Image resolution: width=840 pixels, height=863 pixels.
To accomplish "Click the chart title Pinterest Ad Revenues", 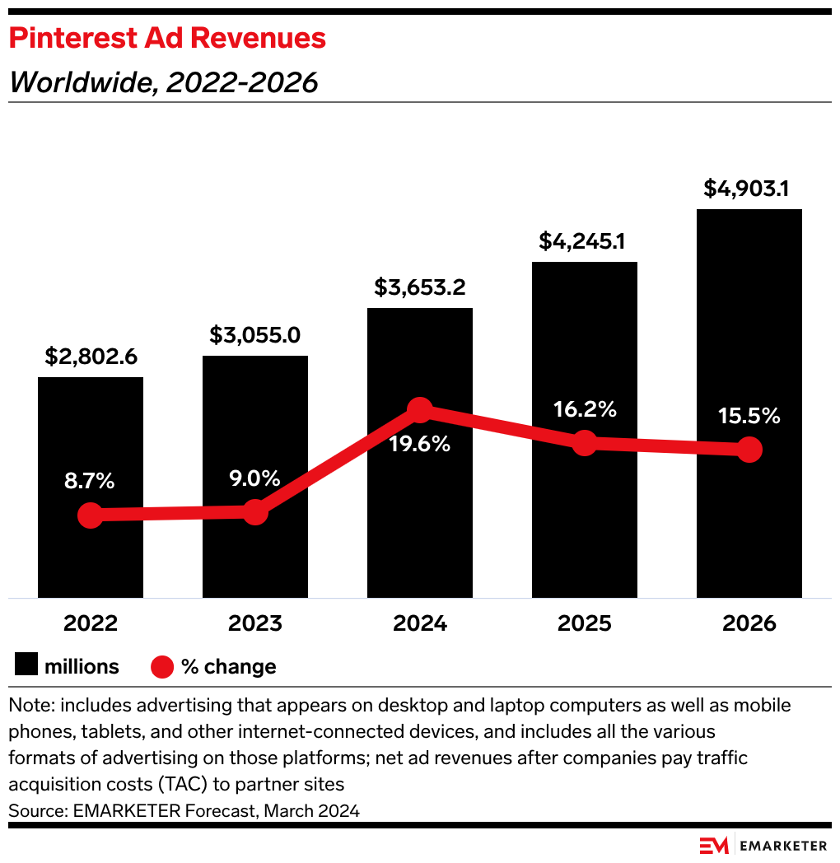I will (167, 39).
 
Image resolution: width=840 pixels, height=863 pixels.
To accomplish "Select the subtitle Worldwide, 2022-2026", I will (163, 82).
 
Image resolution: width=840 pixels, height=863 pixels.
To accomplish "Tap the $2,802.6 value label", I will (91, 357).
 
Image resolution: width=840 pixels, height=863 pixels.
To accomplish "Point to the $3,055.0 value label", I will (255, 335).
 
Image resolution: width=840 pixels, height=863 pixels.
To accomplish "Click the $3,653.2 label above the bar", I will (420, 287).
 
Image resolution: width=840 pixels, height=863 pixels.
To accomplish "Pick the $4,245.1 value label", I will (585, 241).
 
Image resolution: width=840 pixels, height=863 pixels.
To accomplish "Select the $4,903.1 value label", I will (747, 189).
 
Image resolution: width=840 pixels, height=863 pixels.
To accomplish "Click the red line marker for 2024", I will (420, 409).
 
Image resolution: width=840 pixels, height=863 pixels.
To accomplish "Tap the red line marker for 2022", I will (91, 515).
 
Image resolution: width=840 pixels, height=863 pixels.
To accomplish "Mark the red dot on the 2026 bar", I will (749, 450).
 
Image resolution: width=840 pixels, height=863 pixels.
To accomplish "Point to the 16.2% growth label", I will (585, 409).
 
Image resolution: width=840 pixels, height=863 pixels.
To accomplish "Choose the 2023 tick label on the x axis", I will (255, 623).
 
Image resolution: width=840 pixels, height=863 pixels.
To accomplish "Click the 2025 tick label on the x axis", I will (585, 623).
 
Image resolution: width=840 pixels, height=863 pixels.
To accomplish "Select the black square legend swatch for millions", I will (26, 666).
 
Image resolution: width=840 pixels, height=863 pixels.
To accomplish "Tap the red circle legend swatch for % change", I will (162, 666).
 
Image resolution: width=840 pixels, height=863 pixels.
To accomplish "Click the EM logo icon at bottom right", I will (713, 845).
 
